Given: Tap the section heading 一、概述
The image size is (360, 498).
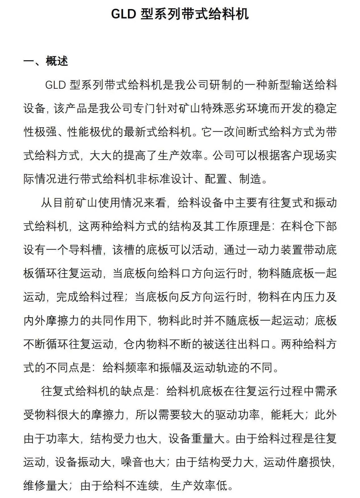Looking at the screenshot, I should click(x=46, y=61).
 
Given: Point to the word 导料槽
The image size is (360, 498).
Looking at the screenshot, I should click(x=85, y=250).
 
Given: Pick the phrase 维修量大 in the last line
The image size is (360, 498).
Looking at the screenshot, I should click(x=46, y=486).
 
